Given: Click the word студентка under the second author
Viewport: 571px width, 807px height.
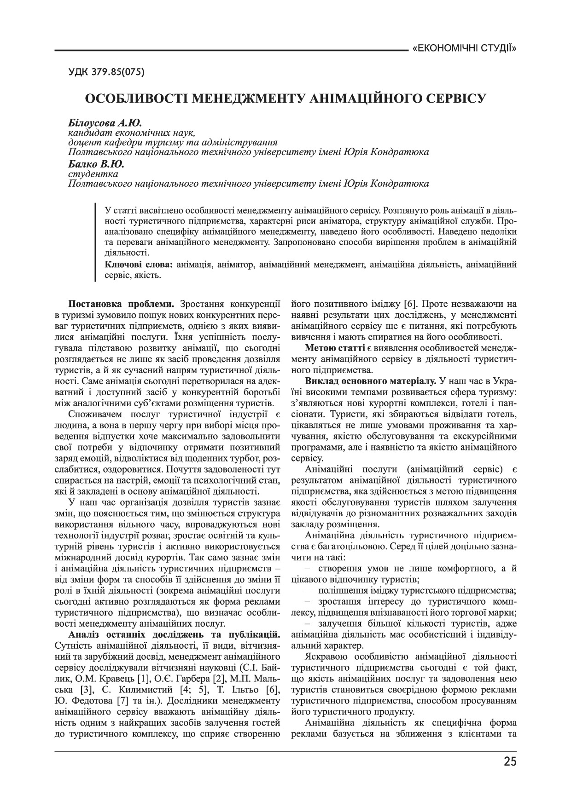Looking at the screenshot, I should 93,174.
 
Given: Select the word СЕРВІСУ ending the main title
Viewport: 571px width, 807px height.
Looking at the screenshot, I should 453,98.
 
